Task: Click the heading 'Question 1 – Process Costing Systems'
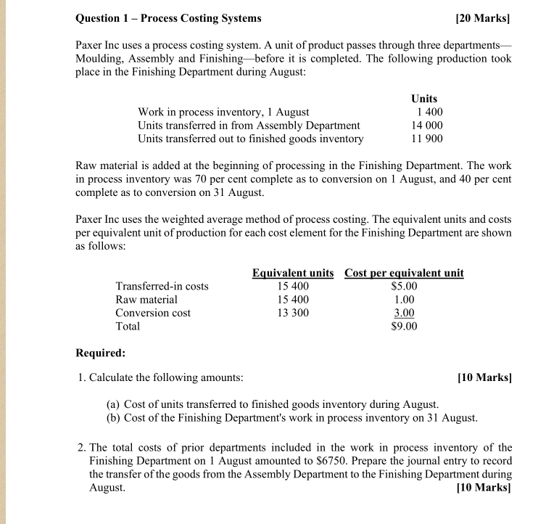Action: click(x=169, y=18)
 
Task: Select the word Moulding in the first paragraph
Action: click(x=101, y=59)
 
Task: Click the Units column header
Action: click(x=424, y=99)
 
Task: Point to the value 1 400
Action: click(x=429, y=112)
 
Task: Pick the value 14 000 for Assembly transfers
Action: click(x=426, y=126)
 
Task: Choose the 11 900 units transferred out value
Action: click(x=426, y=139)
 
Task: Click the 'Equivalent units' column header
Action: click(x=293, y=273)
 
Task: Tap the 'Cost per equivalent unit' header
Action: click(x=404, y=273)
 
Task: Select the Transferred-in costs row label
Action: click(x=162, y=286)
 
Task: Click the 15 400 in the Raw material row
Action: click(x=294, y=300)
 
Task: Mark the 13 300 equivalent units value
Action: click(x=294, y=313)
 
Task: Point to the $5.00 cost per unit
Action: click(x=404, y=286)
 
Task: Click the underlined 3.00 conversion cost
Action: click(x=404, y=313)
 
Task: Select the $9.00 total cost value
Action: click(x=404, y=327)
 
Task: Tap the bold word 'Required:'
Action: click(x=101, y=353)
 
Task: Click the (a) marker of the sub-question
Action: click(x=114, y=404)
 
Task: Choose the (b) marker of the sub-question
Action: click(x=114, y=417)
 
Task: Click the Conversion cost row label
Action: click(x=153, y=313)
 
